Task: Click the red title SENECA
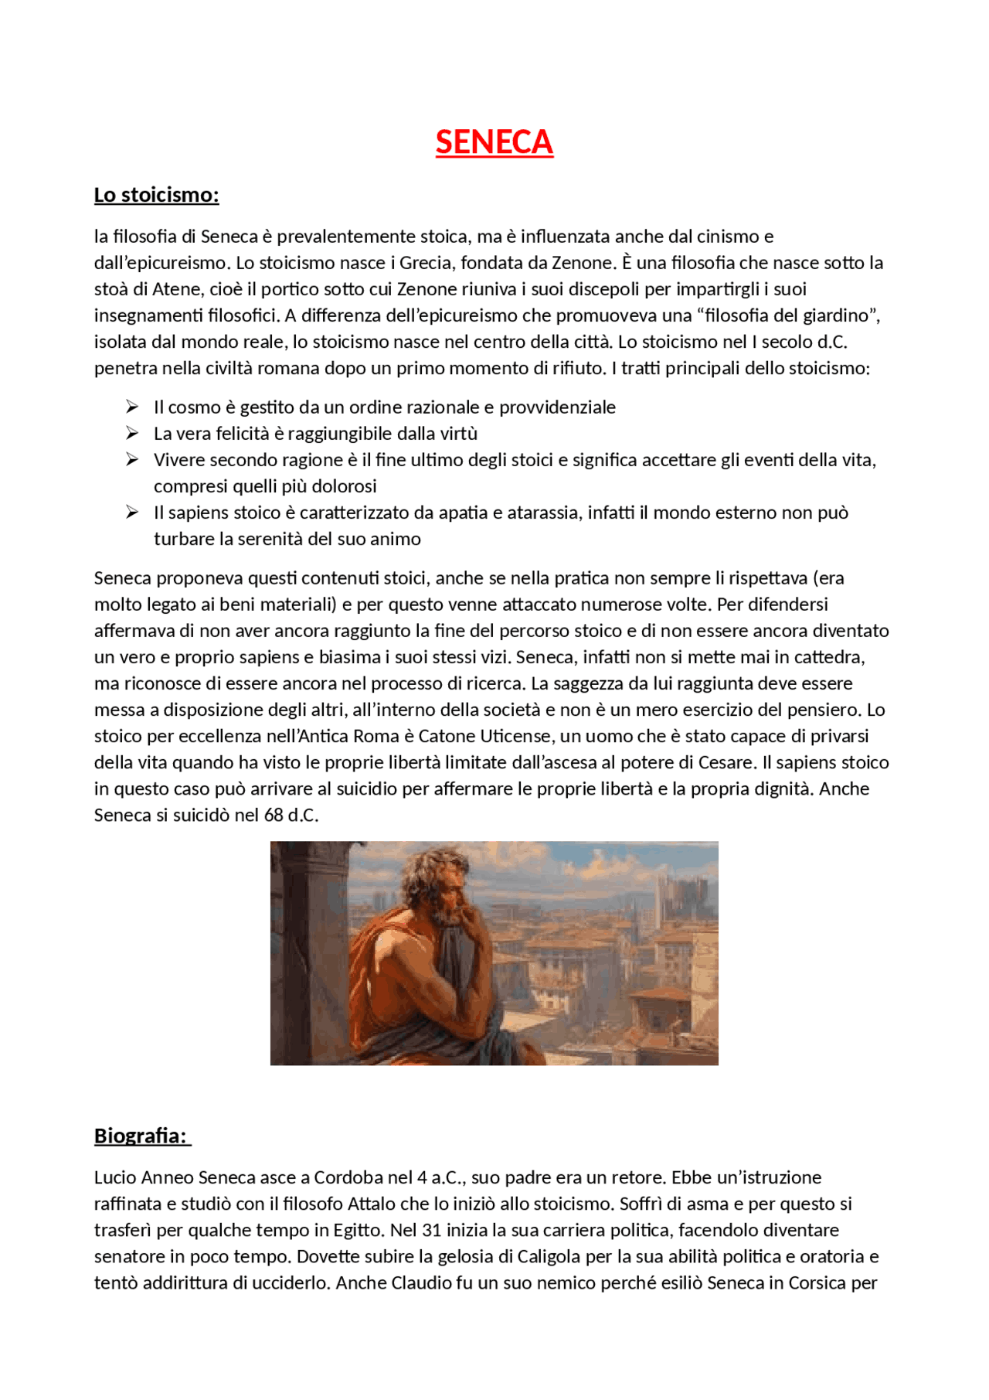click(494, 142)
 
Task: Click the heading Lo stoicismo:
click(156, 195)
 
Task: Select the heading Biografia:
click(141, 1136)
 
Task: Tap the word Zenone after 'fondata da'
click(582, 263)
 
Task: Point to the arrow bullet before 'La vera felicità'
click(132, 433)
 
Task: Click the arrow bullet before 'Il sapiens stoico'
click(132, 512)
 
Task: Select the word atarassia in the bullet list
click(541, 513)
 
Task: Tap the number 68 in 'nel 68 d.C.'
click(274, 815)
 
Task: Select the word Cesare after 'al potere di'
click(726, 762)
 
